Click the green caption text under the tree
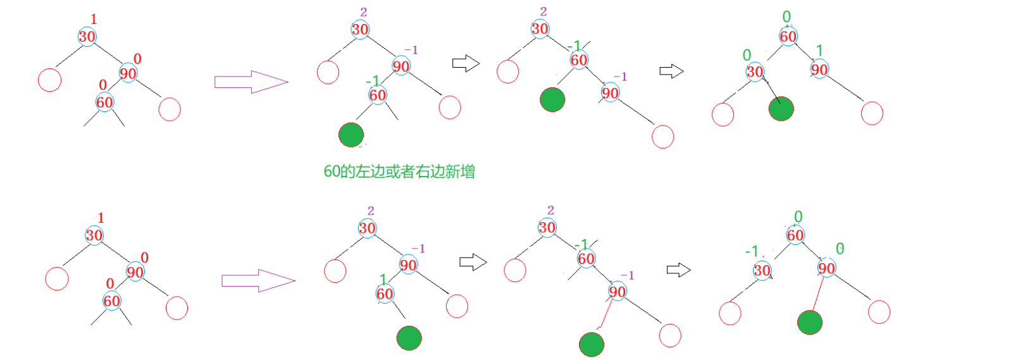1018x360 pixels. click(399, 171)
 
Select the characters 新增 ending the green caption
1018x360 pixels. click(460, 171)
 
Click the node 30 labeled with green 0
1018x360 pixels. click(755, 71)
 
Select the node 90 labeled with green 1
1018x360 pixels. click(819, 69)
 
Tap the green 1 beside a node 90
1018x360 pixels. click(819, 50)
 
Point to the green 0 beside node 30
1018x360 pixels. click(747, 55)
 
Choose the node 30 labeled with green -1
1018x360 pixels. click(762, 271)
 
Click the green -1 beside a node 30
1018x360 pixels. click(751, 251)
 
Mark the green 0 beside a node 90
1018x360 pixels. click(840, 249)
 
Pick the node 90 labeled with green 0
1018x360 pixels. click(826, 268)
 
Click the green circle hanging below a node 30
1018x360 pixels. click(781, 109)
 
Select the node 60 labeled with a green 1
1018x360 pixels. click(385, 294)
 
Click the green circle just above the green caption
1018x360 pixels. click(351, 135)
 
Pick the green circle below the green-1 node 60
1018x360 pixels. click(409, 338)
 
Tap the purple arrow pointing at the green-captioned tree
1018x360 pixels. click(251, 82)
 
